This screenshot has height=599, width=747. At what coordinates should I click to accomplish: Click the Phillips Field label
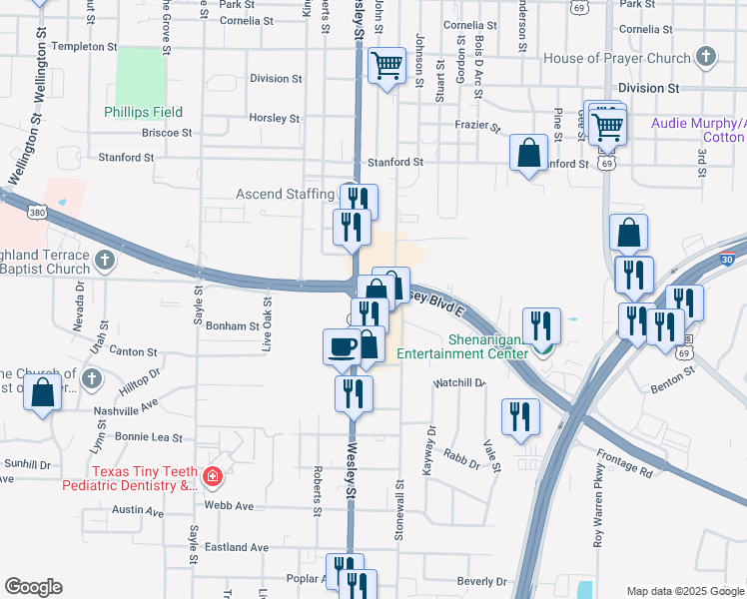pyautogui.click(x=143, y=112)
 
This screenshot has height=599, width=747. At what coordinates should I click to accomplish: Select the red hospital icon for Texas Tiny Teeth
pyautogui.click(x=212, y=477)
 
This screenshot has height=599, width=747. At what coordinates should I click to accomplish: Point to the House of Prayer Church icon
pyautogui.click(x=706, y=57)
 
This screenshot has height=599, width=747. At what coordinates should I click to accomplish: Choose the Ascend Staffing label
pyautogui.click(x=285, y=194)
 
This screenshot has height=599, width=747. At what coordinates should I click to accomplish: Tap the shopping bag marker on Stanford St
pyautogui.click(x=527, y=154)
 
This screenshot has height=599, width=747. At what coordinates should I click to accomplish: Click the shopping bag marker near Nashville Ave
pyautogui.click(x=43, y=391)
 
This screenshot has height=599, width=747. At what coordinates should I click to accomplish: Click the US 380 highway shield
pyautogui.click(x=37, y=212)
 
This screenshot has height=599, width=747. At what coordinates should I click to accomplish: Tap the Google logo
pyautogui.click(x=33, y=587)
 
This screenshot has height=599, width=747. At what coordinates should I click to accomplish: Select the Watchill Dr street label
pyautogui.click(x=458, y=382)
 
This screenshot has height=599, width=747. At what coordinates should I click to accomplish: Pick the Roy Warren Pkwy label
pyautogui.click(x=599, y=520)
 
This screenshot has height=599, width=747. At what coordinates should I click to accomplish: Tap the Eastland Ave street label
pyautogui.click(x=237, y=547)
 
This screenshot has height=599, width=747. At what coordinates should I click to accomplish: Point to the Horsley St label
pyautogui.click(x=275, y=118)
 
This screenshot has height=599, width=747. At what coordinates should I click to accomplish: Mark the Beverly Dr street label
pyautogui.click(x=482, y=581)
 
